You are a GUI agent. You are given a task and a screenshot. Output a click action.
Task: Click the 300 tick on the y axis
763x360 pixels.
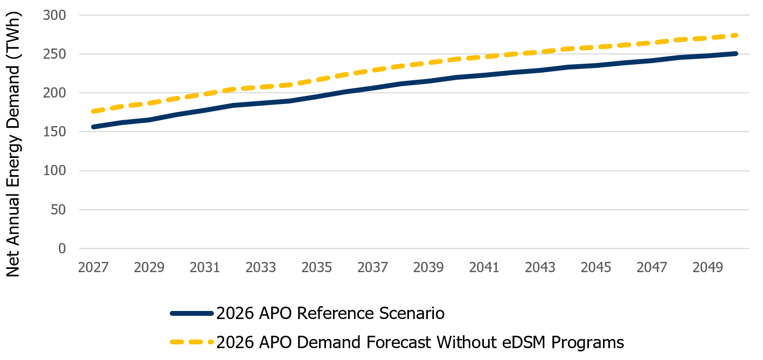(x=54, y=15)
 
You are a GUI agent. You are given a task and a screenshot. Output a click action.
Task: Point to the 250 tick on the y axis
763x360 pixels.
(x=54, y=54)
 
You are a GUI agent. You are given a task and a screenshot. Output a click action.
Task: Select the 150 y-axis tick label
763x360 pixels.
(x=54, y=132)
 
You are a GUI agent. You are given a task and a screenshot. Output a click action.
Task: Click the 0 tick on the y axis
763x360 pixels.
(x=61, y=248)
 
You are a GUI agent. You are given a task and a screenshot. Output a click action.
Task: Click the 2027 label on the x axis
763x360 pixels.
(x=93, y=268)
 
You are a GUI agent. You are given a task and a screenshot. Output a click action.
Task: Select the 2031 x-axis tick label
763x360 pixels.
(x=205, y=268)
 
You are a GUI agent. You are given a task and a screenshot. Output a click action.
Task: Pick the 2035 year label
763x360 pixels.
(x=317, y=268)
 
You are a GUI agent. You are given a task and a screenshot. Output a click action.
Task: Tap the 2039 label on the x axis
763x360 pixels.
(x=429, y=268)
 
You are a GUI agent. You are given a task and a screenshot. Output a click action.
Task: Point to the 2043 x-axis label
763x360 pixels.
(x=540, y=268)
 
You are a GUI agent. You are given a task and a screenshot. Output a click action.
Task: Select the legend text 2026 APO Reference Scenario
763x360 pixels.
(x=330, y=313)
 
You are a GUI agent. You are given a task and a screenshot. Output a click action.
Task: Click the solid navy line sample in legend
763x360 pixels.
(x=191, y=313)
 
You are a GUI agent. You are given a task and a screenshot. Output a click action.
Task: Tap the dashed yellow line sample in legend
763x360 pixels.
(x=191, y=342)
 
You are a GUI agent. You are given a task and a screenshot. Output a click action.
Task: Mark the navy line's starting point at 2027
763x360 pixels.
(x=94, y=127)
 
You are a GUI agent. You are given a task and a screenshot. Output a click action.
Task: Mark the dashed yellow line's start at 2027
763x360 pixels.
(x=94, y=112)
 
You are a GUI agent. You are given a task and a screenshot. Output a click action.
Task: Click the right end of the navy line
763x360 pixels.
(x=736, y=53)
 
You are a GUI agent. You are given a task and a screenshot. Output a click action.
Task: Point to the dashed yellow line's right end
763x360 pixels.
(x=736, y=35)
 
